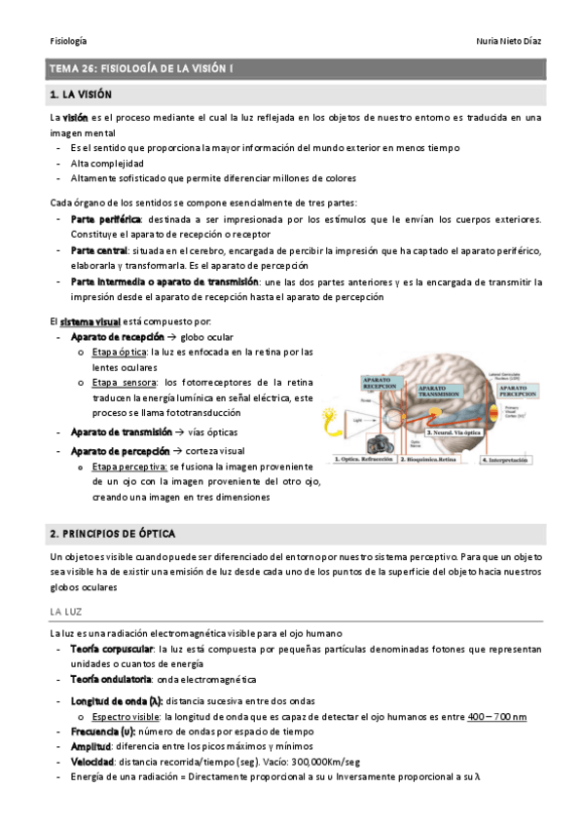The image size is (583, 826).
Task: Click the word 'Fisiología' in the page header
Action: point(68,41)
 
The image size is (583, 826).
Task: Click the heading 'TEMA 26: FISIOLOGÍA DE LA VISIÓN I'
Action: point(141,69)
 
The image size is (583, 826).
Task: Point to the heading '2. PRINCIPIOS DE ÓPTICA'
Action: point(112,534)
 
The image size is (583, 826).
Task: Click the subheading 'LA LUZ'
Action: point(65,611)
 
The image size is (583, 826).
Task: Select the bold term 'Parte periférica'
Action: point(107,219)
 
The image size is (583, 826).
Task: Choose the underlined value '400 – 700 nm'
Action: point(496,717)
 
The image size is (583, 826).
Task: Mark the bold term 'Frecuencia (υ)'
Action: point(107,731)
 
